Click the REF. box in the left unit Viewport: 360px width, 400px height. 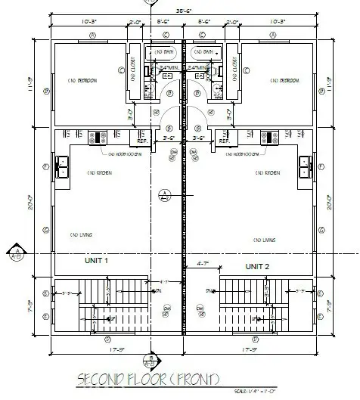(x=141, y=141)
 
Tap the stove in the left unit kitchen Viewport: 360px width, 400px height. (x=98, y=137)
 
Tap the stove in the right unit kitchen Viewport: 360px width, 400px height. (x=266, y=137)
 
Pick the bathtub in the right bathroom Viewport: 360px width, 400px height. (x=202, y=52)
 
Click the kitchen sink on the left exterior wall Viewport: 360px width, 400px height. (x=60, y=166)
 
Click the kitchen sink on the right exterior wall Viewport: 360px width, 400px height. (x=305, y=166)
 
